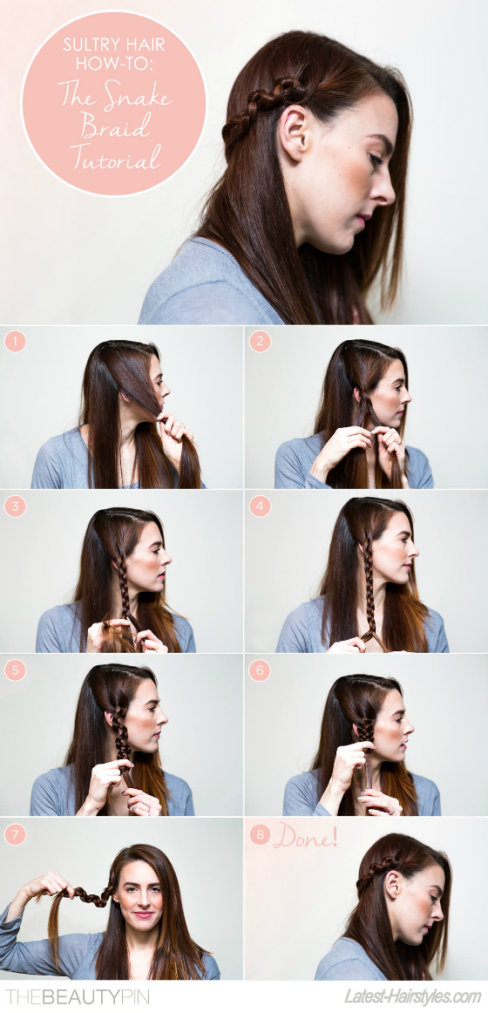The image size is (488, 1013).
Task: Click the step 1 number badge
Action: pyautogui.click(x=15, y=341)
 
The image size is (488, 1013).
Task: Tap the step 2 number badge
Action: pyautogui.click(x=259, y=341)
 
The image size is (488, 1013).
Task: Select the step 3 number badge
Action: pyautogui.click(x=15, y=506)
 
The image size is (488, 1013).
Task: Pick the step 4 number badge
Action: pyautogui.click(x=259, y=506)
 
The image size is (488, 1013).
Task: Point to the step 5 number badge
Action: pyautogui.click(x=15, y=670)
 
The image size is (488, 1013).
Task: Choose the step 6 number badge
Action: pyautogui.click(x=259, y=670)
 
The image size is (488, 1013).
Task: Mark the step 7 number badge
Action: pyautogui.click(x=15, y=835)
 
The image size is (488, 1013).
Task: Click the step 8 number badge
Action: pyautogui.click(x=259, y=835)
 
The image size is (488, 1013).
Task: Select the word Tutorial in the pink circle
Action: pyautogui.click(x=114, y=157)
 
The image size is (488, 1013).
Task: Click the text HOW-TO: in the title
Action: pyautogui.click(x=113, y=65)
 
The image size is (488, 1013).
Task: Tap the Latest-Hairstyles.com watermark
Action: pyautogui.click(x=412, y=996)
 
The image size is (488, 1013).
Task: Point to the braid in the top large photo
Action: pyautogui.click(x=257, y=103)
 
